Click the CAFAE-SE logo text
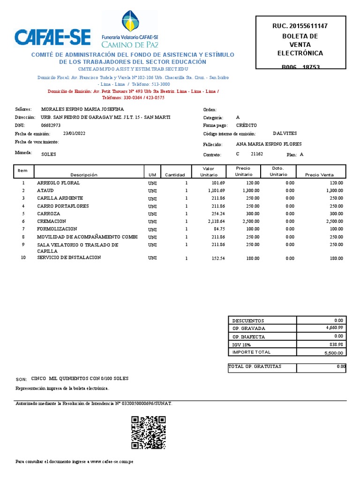[x=52, y=37]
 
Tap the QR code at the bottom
[x=148, y=433]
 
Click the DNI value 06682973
[x=51, y=126]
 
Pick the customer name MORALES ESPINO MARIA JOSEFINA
[x=82, y=109]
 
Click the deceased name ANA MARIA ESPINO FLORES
[x=269, y=144]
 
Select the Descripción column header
[x=84, y=175]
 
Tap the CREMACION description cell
[x=52, y=221]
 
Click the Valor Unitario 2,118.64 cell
[x=216, y=221]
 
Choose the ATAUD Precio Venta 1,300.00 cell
[x=332, y=191]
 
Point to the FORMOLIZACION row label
[x=57, y=229]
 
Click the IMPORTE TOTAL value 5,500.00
[x=333, y=353]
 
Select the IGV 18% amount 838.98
[x=336, y=345]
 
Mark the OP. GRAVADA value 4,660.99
[x=334, y=328]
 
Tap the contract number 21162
[x=257, y=154]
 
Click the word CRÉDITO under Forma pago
[x=246, y=126]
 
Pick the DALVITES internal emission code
[x=285, y=134]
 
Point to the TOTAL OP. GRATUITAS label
[x=255, y=367]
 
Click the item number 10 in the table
[x=23, y=258]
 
